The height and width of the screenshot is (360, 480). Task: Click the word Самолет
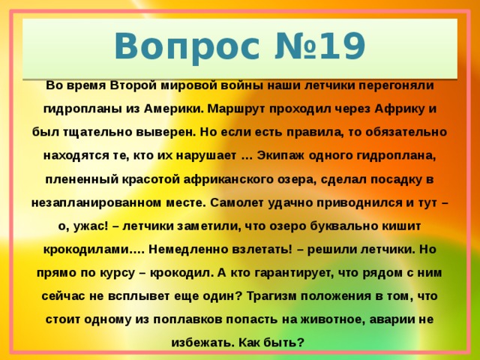coord(239,202)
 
